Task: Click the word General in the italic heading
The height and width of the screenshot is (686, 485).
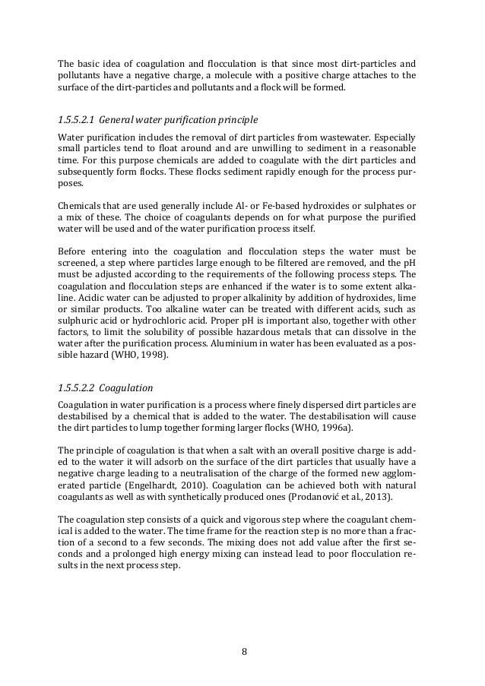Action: click(x=119, y=120)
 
